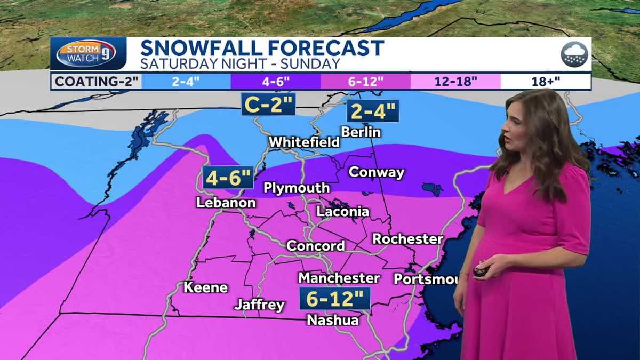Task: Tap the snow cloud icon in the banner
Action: click(574, 54)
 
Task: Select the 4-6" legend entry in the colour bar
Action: click(275, 82)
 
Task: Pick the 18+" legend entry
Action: click(546, 82)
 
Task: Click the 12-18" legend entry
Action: click(455, 82)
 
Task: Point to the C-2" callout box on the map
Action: click(268, 104)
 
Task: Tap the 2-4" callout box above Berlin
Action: click(373, 111)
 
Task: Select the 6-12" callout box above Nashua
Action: click(334, 299)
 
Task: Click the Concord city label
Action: click(316, 246)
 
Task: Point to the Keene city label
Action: click(206, 287)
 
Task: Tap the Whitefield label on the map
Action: click(304, 142)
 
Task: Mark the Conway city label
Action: click(376, 172)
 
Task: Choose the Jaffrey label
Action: click(260, 305)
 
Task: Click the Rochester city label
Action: click(407, 238)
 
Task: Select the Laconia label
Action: click(342, 211)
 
